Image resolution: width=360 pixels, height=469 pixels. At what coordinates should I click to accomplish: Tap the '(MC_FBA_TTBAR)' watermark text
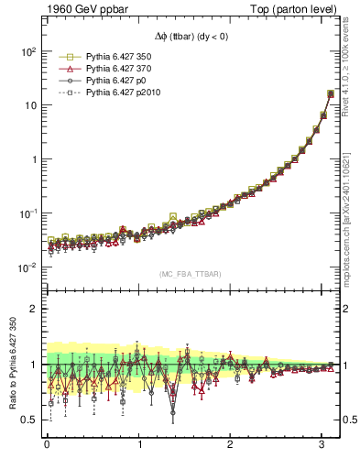point(192,275)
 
